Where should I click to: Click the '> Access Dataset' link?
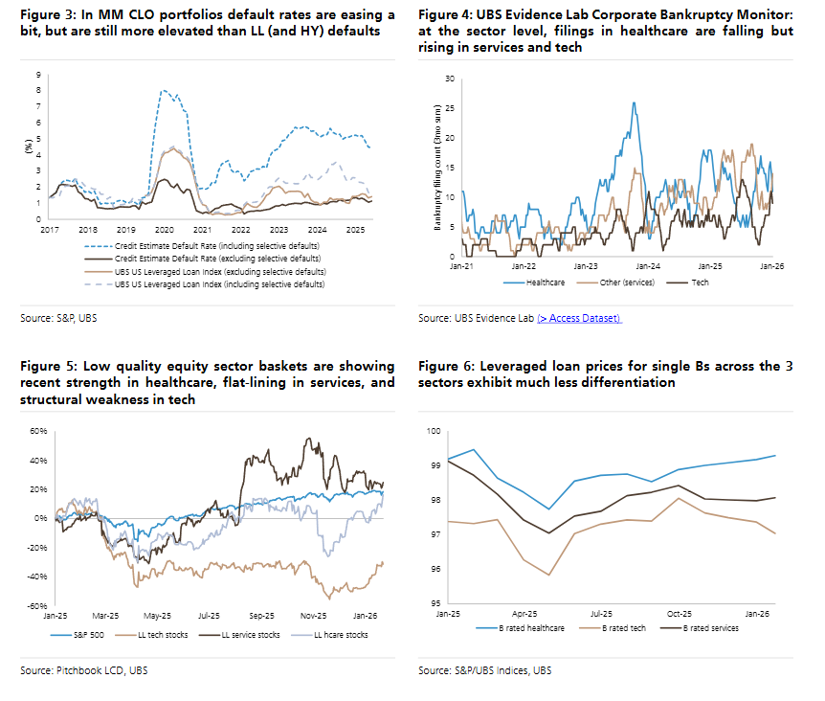click(x=579, y=318)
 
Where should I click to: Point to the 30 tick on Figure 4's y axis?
click(x=451, y=79)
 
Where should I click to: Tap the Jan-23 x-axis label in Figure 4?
click(x=586, y=266)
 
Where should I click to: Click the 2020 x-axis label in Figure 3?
click(x=164, y=231)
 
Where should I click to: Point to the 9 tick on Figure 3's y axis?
click(x=37, y=75)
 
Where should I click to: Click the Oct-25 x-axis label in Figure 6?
click(x=680, y=614)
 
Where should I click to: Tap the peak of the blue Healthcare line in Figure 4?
click(x=634, y=103)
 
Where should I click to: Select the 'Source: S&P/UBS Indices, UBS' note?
click(x=484, y=670)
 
